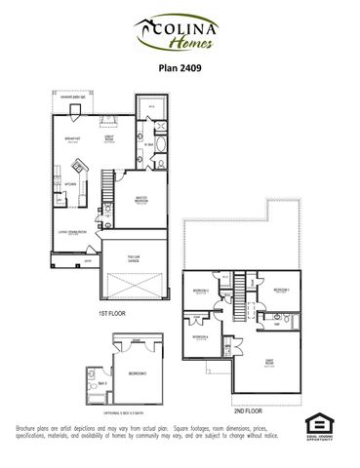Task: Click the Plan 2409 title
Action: point(180,69)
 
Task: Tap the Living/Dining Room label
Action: point(73,232)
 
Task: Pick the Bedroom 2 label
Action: point(201,292)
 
